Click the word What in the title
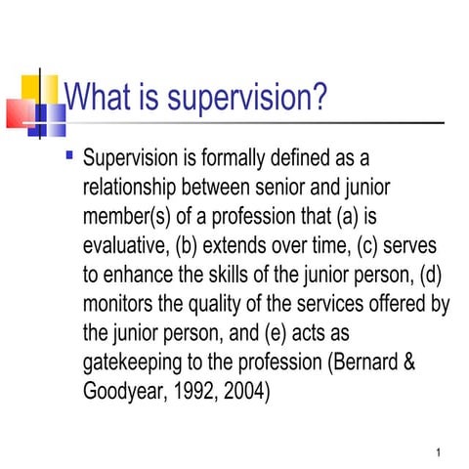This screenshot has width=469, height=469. [98, 98]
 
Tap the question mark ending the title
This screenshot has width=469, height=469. [319, 99]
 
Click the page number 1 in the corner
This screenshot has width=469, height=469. [442, 452]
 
